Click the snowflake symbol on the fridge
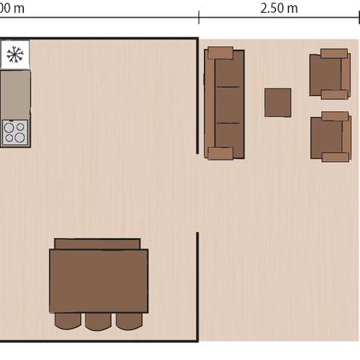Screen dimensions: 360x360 (13, 54)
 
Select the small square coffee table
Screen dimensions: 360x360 (277, 103)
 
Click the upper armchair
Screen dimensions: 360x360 (329, 74)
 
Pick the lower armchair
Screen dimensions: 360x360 (331, 136)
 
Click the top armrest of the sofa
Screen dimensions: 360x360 (221, 52)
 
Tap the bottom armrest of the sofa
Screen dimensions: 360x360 (221, 154)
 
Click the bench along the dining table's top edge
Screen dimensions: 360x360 (97, 244)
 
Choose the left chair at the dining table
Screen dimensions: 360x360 (67, 321)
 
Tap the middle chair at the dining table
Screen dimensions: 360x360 (97, 321)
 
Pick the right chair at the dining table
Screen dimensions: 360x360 (128, 321)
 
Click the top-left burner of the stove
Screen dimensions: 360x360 (9, 127)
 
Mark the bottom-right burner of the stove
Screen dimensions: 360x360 (20, 138)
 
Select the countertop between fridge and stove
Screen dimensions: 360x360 (15, 94)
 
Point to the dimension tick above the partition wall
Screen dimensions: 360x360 (199, 17)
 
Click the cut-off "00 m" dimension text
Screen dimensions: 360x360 (12, 8)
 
